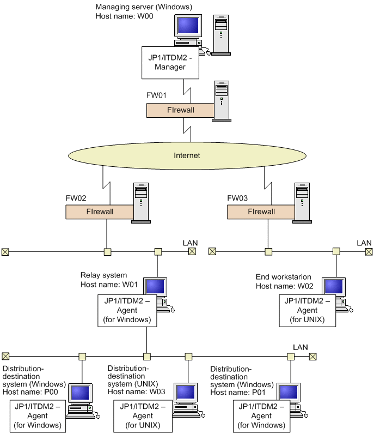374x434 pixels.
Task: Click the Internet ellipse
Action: [x=187, y=155]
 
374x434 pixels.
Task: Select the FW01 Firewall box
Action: [x=180, y=110]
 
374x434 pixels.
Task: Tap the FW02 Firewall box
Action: [x=100, y=212]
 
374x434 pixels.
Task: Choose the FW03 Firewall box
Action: [x=261, y=212]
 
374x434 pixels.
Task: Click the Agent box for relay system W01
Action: [x=127, y=310]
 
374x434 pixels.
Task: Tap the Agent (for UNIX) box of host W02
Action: [x=307, y=310]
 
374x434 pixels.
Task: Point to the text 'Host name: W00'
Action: [x=124, y=16]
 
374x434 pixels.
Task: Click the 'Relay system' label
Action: [x=103, y=275]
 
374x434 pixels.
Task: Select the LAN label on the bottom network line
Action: [x=300, y=347]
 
